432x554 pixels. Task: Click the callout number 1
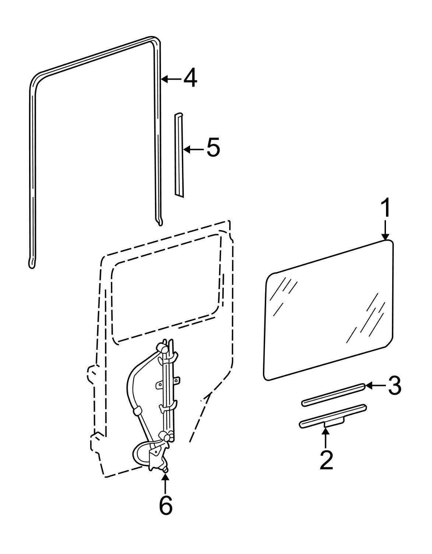[x=386, y=208]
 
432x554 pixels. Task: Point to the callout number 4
[x=190, y=78]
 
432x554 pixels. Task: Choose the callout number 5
[x=213, y=147]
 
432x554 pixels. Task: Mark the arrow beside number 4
[x=172, y=79]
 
